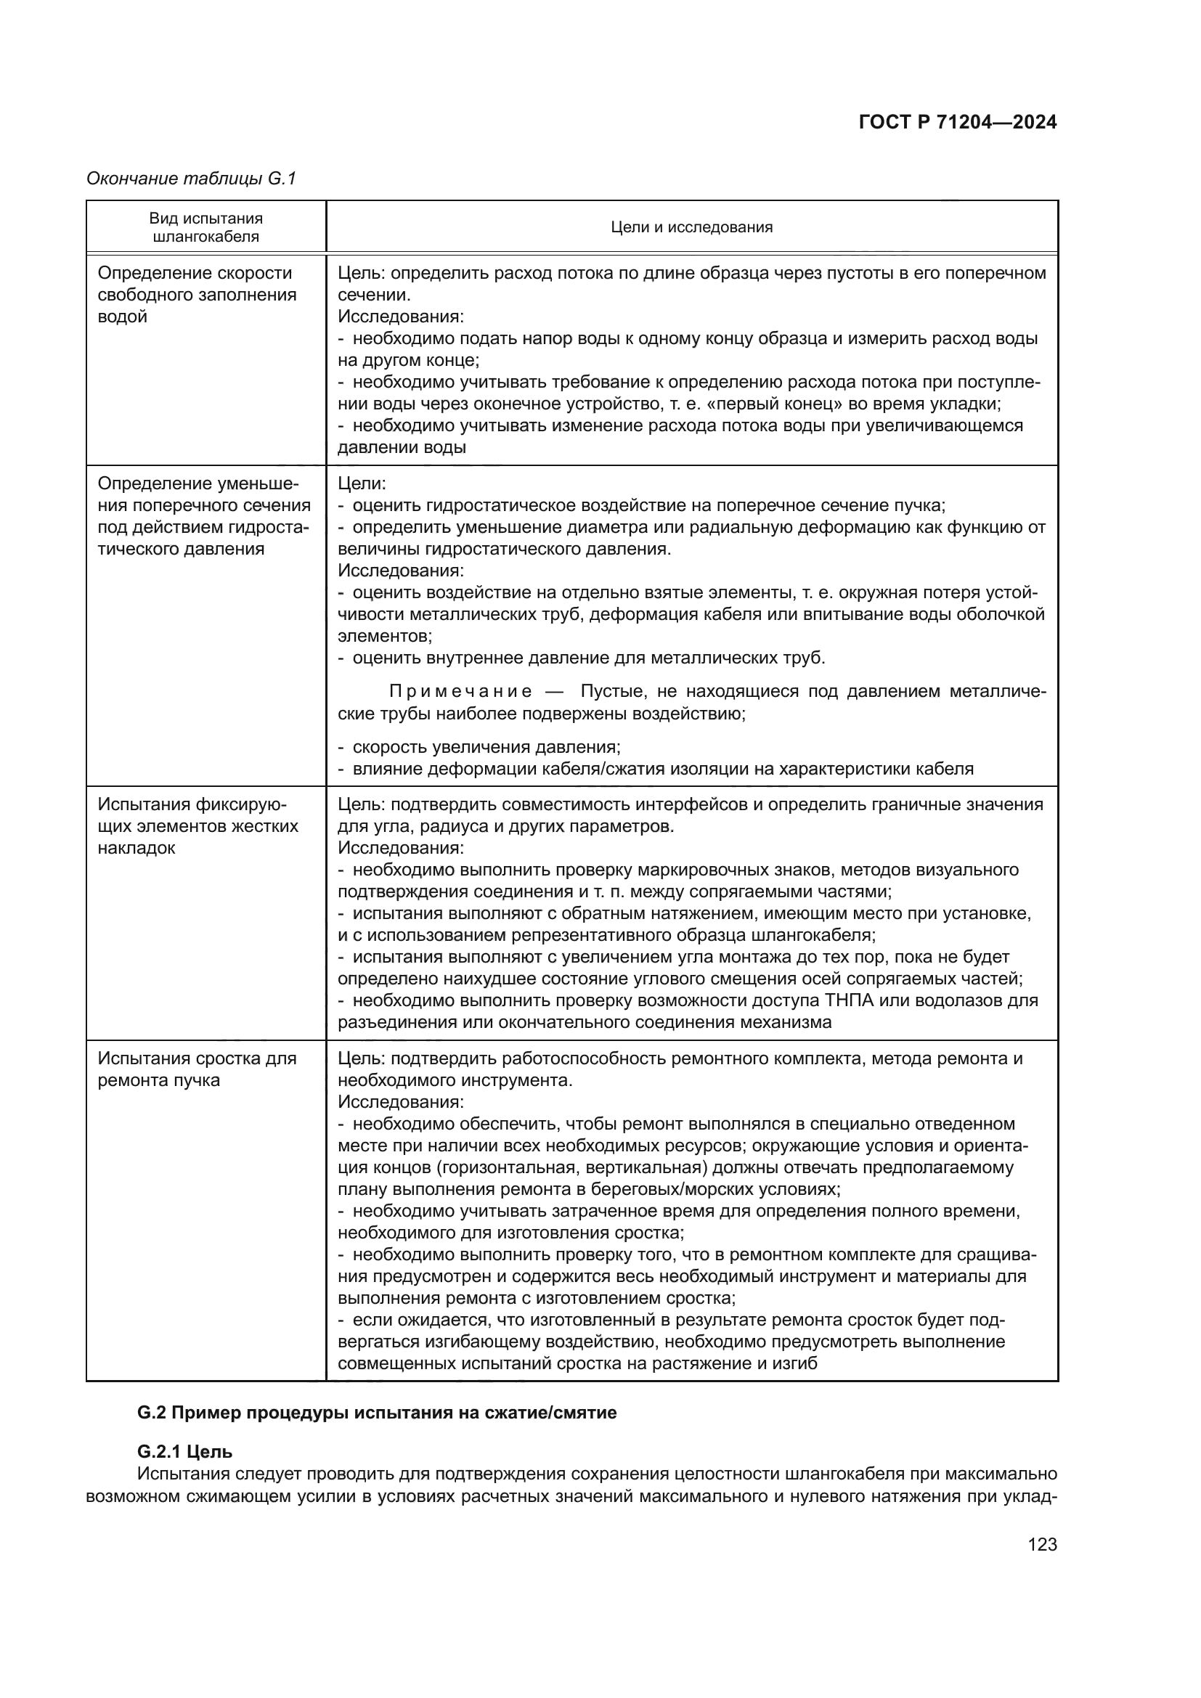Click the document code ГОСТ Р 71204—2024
pos(958,123)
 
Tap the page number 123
pos(1042,1545)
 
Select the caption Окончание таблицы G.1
pos(191,179)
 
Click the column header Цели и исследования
pos(691,227)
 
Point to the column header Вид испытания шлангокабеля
pos(205,227)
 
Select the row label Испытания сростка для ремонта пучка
pos(197,1069)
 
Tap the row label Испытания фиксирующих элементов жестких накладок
pos(198,825)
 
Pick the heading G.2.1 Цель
pos(185,1452)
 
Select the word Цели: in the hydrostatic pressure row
pos(362,483)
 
